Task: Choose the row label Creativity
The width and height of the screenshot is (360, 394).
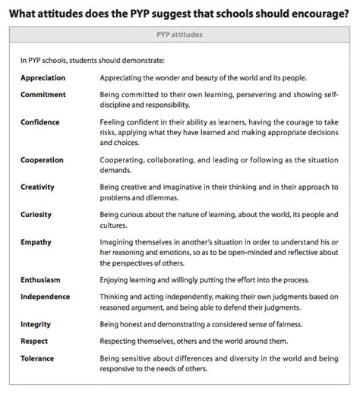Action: [39, 188]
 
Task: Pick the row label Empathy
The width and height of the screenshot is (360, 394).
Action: [36, 241]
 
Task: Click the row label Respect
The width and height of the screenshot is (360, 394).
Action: [35, 341]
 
